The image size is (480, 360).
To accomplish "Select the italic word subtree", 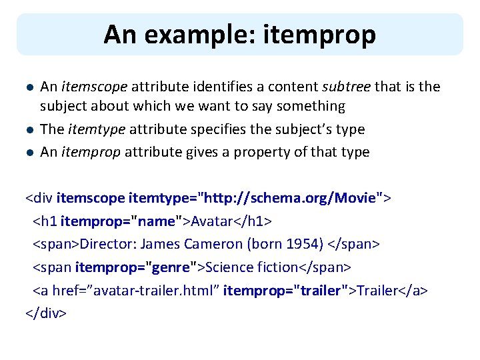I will (347, 87).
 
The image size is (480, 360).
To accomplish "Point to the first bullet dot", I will (28, 87).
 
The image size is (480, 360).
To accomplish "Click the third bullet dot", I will (28, 152).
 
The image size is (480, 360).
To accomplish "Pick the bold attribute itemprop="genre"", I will (131, 267).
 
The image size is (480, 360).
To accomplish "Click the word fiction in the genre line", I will (274, 267).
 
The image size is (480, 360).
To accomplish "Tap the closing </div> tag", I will (46, 312).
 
